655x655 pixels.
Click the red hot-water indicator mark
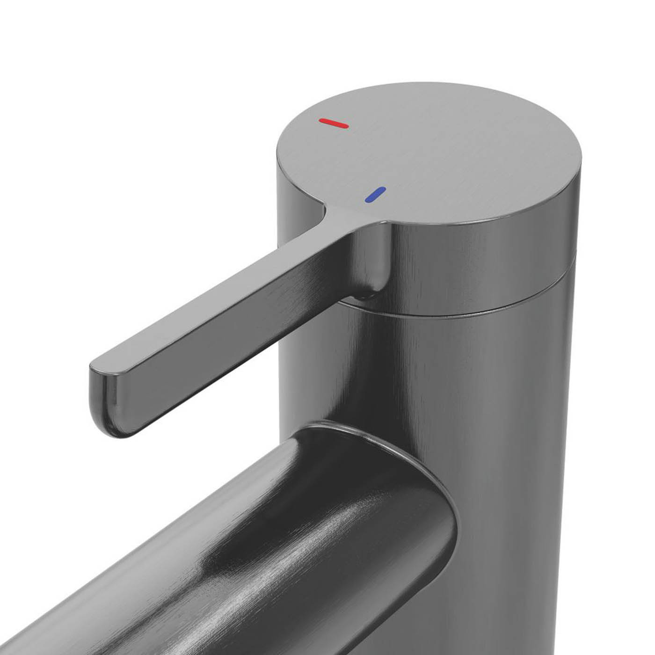pos(333,124)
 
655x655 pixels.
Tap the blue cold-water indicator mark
pos(376,195)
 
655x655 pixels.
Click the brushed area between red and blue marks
pos(356,159)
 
